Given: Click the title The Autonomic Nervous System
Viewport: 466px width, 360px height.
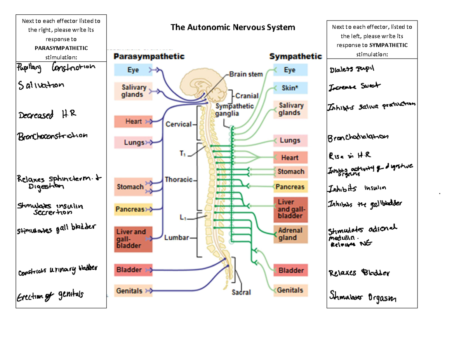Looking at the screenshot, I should pyautogui.click(x=233, y=27).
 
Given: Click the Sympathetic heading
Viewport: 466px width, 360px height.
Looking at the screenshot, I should pyautogui.click(x=296, y=56).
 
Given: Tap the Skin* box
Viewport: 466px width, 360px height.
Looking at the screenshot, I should pyautogui.click(x=289, y=88).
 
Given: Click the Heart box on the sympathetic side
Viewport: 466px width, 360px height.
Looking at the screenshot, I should pyautogui.click(x=290, y=158).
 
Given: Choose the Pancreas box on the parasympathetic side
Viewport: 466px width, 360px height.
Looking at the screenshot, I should pyautogui.click(x=129, y=210).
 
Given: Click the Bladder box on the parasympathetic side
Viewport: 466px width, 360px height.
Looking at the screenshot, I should pyautogui.click(x=129, y=269).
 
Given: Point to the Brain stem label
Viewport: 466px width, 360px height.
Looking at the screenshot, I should pyautogui.click(x=246, y=74).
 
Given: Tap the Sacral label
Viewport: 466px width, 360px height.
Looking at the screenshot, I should pyautogui.click(x=242, y=292).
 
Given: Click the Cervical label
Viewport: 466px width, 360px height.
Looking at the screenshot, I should pyautogui.click(x=179, y=124).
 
